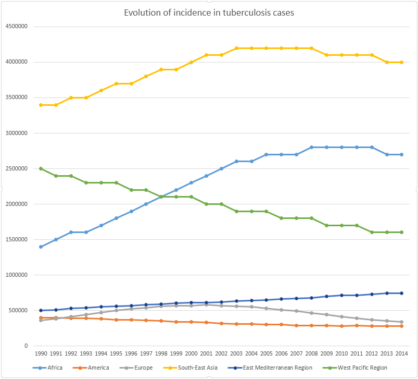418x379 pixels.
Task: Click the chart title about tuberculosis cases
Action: (x=209, y=12)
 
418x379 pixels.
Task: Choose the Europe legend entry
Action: (x=142, y=368)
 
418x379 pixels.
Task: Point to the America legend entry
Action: (x=98, y=368)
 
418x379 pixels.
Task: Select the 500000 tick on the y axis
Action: (x=17, y=310)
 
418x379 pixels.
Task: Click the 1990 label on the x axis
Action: (x=41, y=353)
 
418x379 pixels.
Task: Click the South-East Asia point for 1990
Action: (x=41, y=105)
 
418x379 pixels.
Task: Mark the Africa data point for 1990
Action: (x=41, y=247)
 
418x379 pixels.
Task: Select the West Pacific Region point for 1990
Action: (x=41, y=168)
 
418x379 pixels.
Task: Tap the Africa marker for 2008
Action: (x=311, y=147)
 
